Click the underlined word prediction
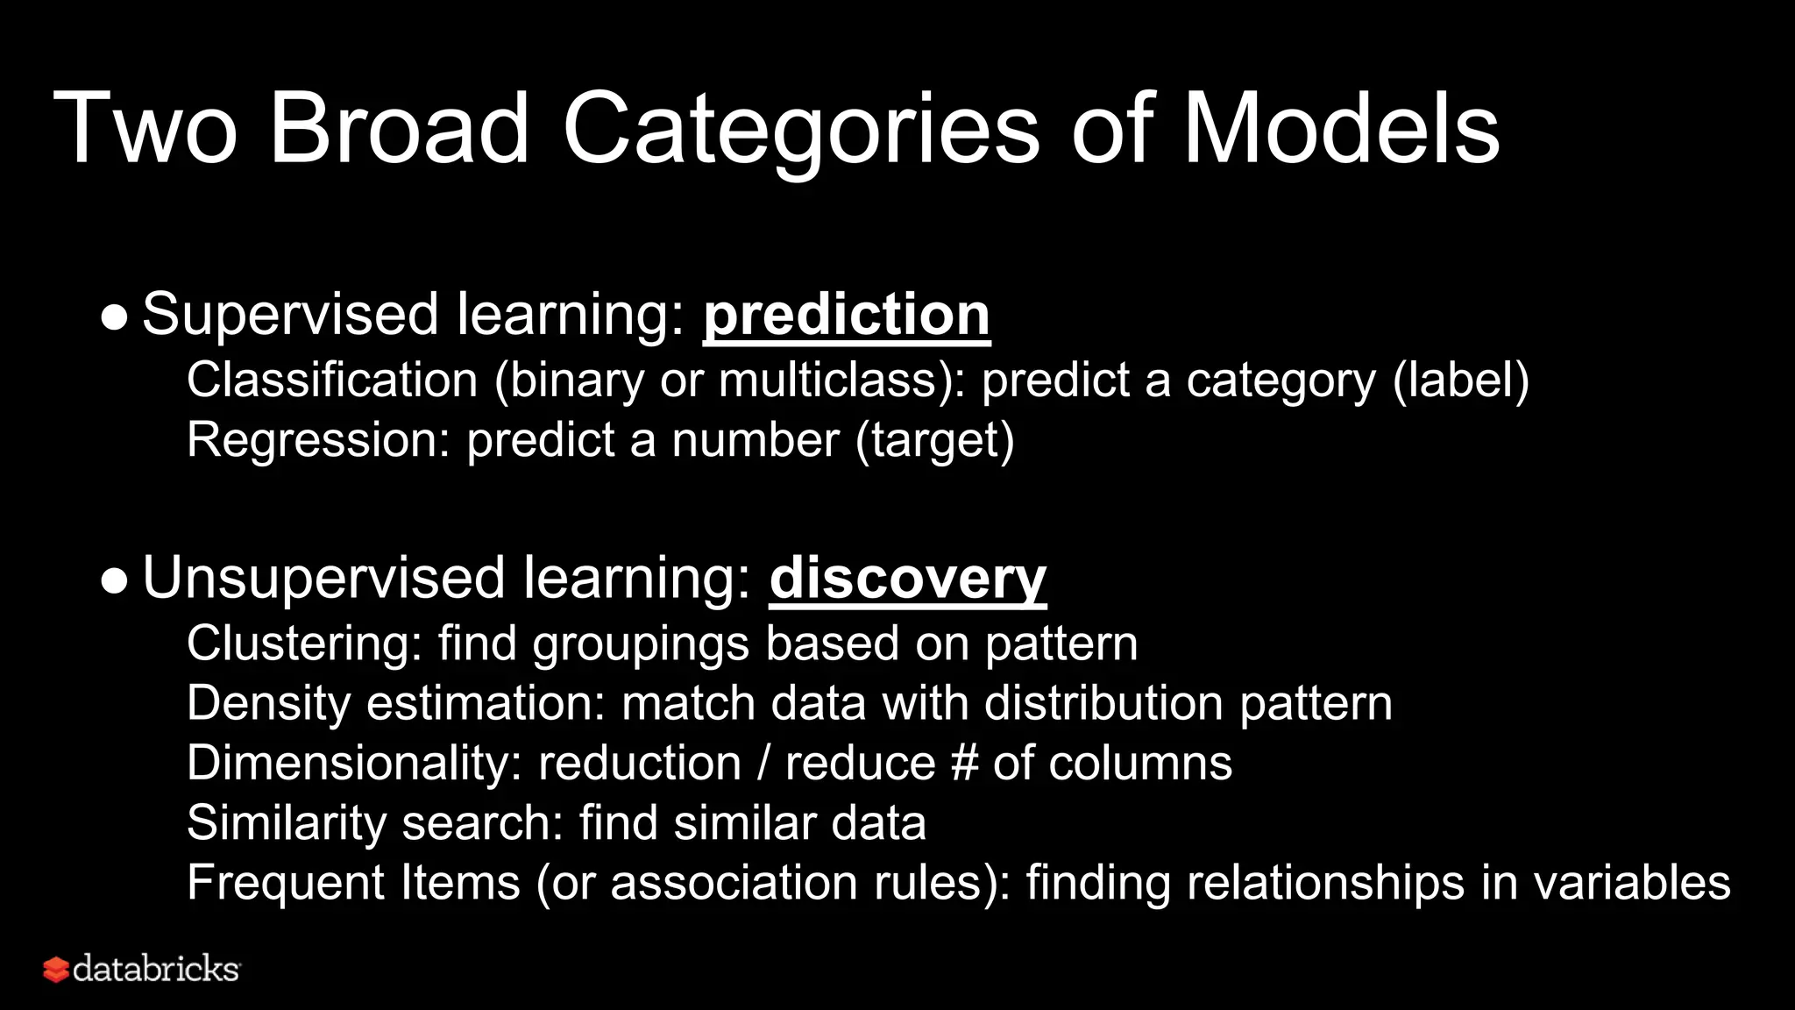[x=846, y=315]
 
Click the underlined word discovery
[x=907, y=579]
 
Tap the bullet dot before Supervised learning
[x=114, y=317]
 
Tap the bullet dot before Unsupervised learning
[x=114, y=580]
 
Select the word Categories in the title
[x=801, y=130]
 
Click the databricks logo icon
[x=56, y=970]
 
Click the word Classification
[x=332, y=381]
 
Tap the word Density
[x=269, y=703]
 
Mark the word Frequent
[x=286, y=883]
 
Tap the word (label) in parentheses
[x=1460, y=381]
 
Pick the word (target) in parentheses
[x=934, y=440]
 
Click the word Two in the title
[x=145, y=130]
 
